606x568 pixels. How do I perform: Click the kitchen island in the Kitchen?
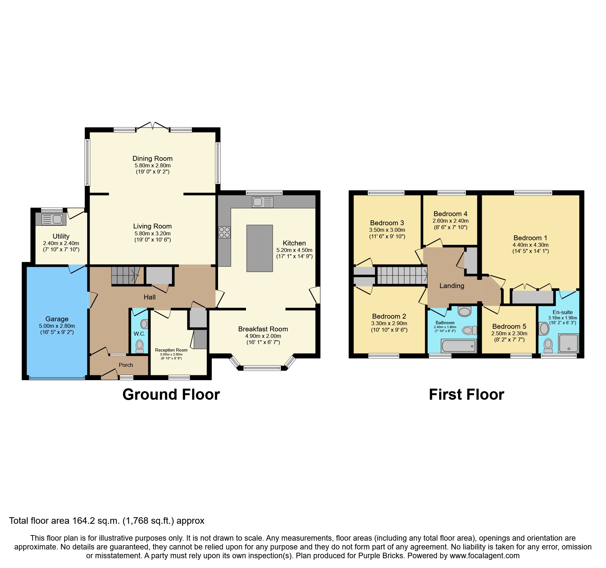259,248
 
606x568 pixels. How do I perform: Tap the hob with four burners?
224,232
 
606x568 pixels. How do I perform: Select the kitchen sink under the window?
262,202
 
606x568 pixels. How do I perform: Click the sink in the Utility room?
52,219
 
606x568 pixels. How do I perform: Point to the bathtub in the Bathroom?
459,346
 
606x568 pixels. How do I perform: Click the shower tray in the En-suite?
569,343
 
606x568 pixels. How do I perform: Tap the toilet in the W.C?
139,346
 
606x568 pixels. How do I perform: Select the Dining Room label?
152,159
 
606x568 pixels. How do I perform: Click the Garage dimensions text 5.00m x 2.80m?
57,326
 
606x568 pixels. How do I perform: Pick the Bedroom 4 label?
450,214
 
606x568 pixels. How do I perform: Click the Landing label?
452,286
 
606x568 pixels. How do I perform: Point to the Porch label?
126,365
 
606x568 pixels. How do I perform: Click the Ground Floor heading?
171,395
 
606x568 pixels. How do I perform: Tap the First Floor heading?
466,395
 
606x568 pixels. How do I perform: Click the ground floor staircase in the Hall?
125,275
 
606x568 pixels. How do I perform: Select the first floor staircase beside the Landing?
401,275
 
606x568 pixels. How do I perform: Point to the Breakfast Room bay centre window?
262,368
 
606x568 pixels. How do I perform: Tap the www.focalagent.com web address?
484,556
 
